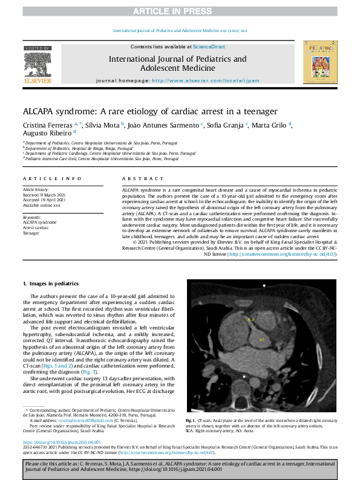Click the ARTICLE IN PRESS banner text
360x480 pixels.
180,11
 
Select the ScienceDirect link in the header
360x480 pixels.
208,47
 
